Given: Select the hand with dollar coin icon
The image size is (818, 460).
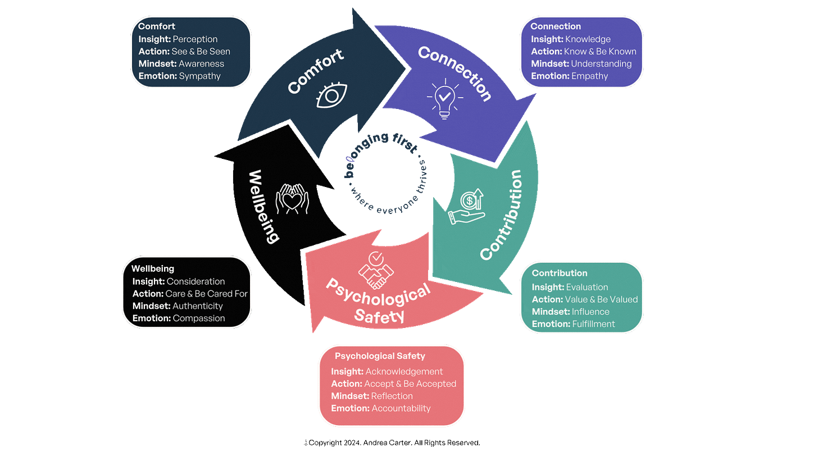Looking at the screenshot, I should click(x=467, y=208).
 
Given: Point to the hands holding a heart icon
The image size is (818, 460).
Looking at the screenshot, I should click(x=292, y=199).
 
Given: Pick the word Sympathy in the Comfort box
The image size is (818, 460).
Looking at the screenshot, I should click(x=199, y=76).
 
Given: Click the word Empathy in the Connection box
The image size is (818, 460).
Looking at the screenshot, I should click(x=589, y=76).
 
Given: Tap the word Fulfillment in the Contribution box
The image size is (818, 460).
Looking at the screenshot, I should click(x=593, y=324).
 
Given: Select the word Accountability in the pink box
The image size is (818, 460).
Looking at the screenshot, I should click(x=401, y=408).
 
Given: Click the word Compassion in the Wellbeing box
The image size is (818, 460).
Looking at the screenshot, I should click(x=199, y=318).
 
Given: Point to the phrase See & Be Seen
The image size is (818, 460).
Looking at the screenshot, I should click(x=201, y=51).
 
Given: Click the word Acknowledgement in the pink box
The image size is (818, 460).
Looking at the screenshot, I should click(x=404, y=371).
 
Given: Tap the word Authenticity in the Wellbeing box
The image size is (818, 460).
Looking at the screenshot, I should click(x=198, y=306).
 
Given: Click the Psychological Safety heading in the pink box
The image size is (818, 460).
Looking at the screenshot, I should click(x=380, y=356).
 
